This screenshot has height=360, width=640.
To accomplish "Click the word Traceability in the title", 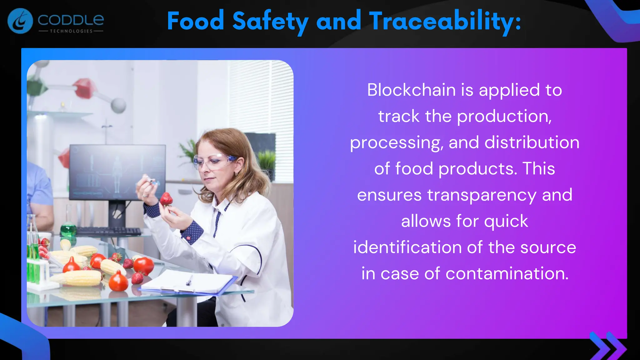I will pyautogui.click(x=445, y=21).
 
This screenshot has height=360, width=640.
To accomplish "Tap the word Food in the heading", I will pyautogui.click(x=196, y=21).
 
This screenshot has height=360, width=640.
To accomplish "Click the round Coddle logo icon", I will pyautogui.click(x=20, y=21).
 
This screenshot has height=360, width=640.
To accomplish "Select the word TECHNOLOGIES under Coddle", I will pyautogui.click(x=71, y=31).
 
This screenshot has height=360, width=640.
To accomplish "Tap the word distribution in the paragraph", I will pyautogui.click(x=532, y=142).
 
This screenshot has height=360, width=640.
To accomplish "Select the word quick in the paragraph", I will pyautogui.click(x=506, y=221).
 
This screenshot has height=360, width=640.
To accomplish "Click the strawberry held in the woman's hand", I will pyautogui.click(x=166, y=199).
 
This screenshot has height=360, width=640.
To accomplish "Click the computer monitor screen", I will pyautogui.click(x=117, y=172).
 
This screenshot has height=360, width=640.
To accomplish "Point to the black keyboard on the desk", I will pyautogui.click(x=108, y=231).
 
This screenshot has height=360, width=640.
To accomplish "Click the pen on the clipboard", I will pyautogui.click(x=189, y=280).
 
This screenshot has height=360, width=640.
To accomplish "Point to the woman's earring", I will pyautogui.click(x=236, y=173).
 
